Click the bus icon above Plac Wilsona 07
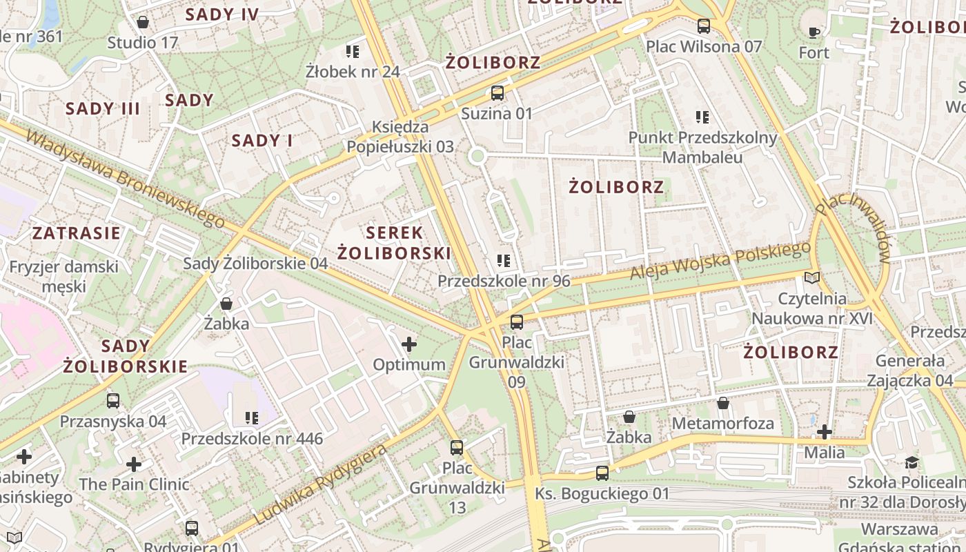point(704,26)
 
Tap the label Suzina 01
point(497,113)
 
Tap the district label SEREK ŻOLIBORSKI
point(394,242)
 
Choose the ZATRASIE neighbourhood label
point(77,233)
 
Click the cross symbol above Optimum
point(409,344)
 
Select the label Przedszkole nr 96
point(504,281)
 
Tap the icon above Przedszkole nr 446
point(251,417)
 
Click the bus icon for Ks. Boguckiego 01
point(602,473)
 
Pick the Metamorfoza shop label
point(723,422)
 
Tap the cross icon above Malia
point(825,432)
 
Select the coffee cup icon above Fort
point(814,32)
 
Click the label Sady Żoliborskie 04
point(255,263)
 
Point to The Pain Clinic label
point(134,484)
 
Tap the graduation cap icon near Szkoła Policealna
point(912,462)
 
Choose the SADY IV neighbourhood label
point(222,14)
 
